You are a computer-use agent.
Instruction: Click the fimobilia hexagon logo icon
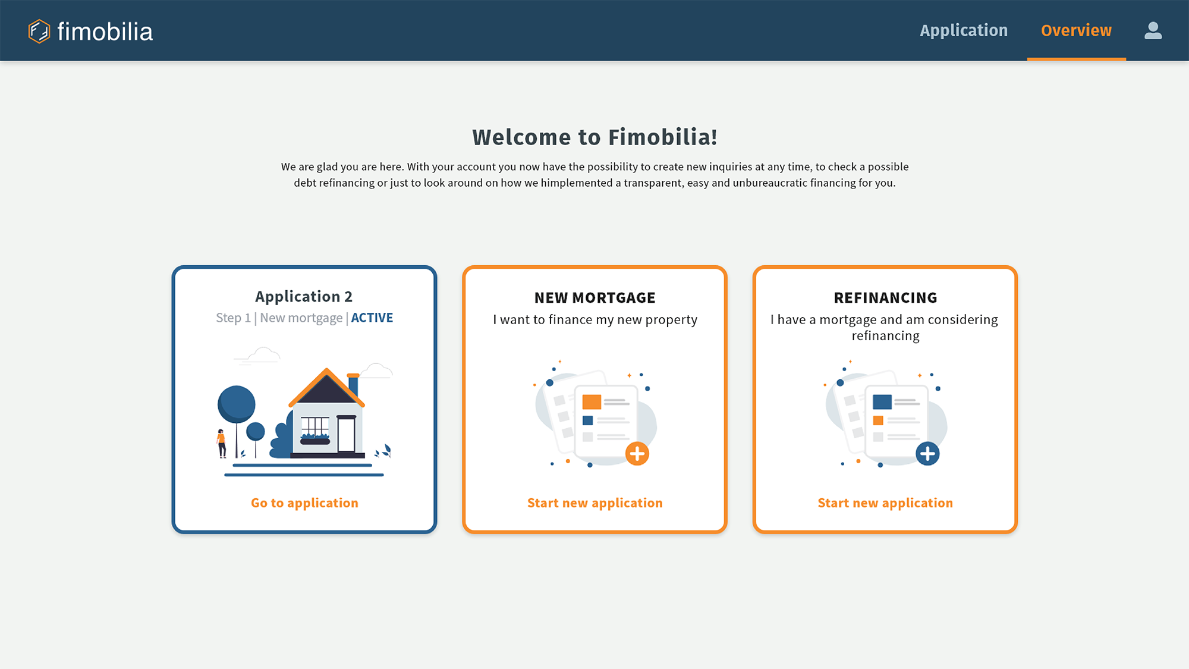coord(39,32)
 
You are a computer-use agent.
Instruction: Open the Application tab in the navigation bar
coord(964,30)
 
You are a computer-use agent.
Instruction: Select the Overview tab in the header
coord(1076,30)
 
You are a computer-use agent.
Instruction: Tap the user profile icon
coord(1153,30)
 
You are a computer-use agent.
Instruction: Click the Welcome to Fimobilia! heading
coord(594,137)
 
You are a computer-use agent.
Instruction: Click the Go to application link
coord(304,503)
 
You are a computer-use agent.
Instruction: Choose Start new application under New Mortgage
coord(594,503)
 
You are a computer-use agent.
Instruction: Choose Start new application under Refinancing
coord(885,503)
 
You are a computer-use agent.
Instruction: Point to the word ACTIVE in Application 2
coord(372,318)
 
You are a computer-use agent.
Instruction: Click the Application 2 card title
coord(304,296)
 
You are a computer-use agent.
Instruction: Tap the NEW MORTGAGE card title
coord(594,297)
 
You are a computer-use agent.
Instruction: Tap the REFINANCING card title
coord(885,297)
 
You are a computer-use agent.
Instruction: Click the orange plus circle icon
coord(637,454)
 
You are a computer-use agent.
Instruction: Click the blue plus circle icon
coord(927,454)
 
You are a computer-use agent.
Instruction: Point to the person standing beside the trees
coord(221,444)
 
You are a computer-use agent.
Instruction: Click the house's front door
coord(346,434)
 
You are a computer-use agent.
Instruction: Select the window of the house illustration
coord(315,428)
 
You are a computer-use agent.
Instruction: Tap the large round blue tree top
coord(237,404)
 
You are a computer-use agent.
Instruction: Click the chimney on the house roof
coord(353,385)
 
